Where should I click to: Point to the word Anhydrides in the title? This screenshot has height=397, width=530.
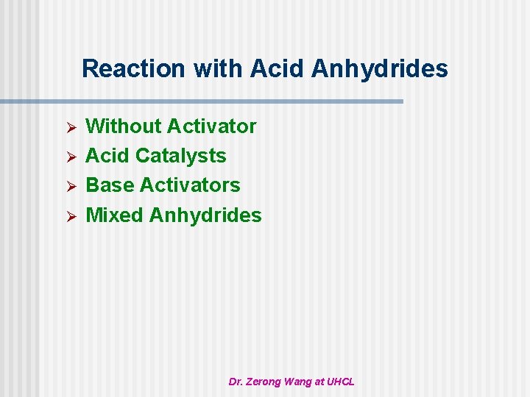380,69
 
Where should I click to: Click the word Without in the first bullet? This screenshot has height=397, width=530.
124,126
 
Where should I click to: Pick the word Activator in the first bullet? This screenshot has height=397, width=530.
211,126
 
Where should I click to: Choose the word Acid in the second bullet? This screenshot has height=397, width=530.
108,156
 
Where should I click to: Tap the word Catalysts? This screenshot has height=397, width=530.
181,156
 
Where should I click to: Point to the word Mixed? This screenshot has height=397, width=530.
115,215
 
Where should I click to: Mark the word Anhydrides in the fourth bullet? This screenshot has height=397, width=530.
205,215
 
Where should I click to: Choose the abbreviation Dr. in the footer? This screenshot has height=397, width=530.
236,382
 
